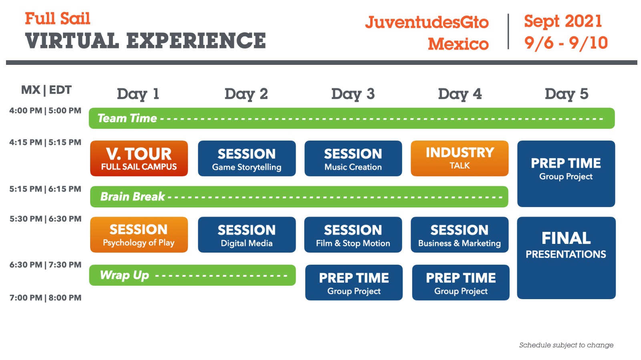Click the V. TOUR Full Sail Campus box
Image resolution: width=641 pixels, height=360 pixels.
tap(139, 159)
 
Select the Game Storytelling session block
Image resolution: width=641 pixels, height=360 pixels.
tap(247, 159)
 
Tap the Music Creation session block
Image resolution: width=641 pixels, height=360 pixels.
tap(353, 159)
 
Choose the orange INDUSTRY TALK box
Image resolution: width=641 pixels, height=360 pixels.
tap(460, 158)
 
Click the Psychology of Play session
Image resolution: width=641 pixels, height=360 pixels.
tap(139, 235)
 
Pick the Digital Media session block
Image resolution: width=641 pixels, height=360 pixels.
tap(247, 235)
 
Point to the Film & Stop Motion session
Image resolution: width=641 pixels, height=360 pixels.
tap(353, 235)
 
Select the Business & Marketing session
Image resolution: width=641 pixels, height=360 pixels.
tap(460, 235)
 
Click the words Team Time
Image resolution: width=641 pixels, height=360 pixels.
tap(127, 119)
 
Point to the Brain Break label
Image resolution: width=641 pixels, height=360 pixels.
tap(132, 197)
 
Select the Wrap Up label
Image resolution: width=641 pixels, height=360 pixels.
tap(124, 275)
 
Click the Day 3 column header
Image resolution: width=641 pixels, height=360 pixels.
tap(353, 94)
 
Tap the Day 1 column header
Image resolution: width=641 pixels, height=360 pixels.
tap(138, 94)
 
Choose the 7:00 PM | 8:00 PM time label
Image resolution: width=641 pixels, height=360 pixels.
tap(45, 298)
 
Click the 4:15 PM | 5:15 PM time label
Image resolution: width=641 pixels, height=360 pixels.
tap(45, 143)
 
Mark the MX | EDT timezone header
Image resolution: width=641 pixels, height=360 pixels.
tap(46, 90)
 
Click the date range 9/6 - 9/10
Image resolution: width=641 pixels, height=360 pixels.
tap(566, 43)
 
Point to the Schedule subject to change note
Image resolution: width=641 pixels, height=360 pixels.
tap(566, 345)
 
